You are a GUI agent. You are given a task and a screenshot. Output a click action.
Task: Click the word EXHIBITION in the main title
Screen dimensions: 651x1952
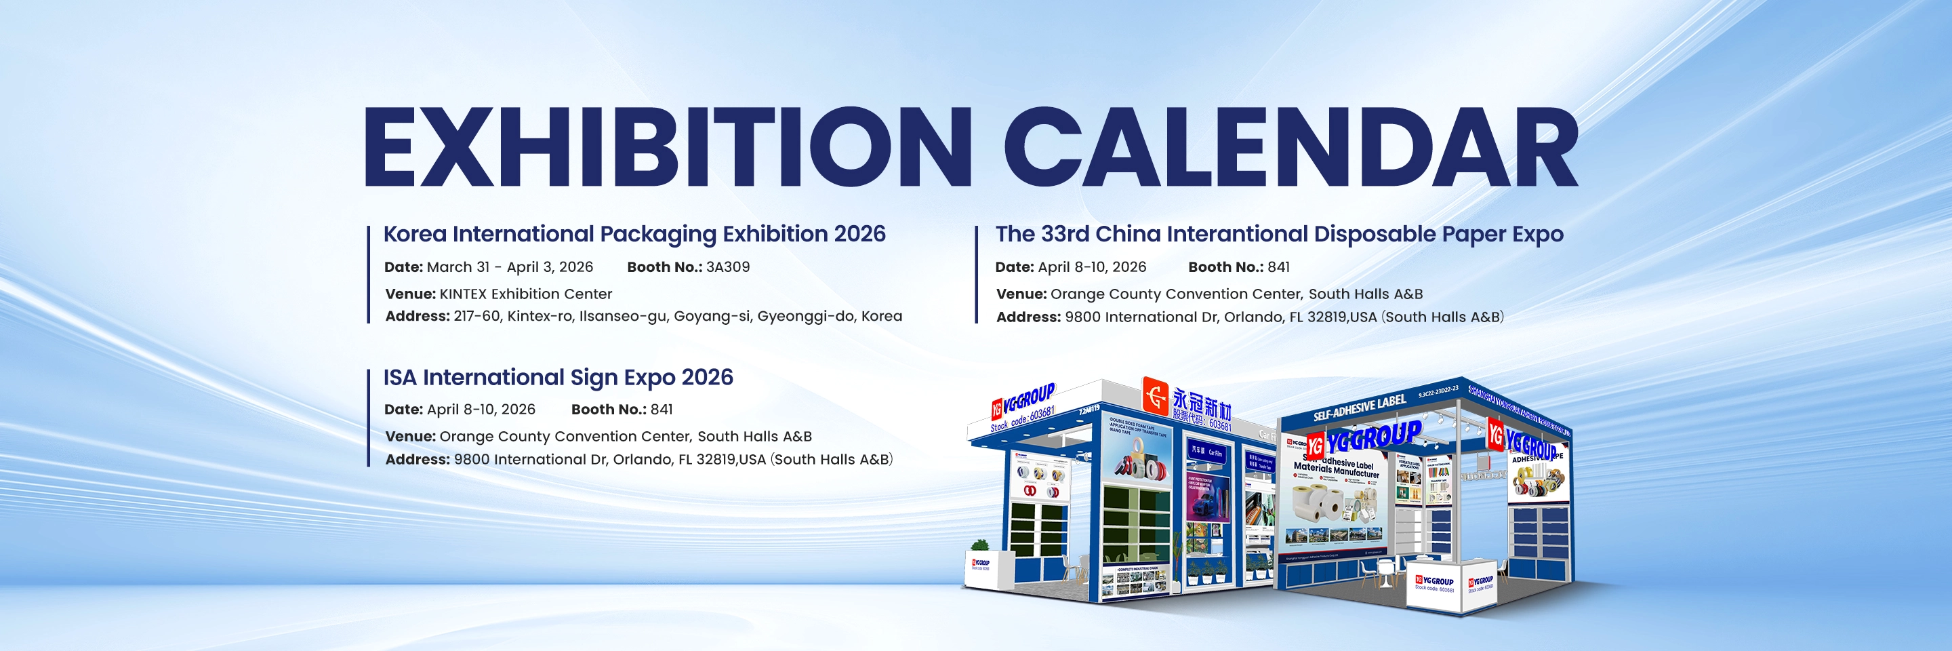tap(667, 148)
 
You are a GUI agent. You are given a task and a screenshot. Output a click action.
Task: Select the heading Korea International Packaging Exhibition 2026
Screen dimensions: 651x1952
tap(634, 234)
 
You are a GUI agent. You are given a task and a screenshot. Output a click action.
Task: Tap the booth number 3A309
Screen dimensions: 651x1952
tap(727, 267)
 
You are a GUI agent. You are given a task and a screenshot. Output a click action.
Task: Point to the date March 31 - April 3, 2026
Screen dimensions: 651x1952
tap(509, 267)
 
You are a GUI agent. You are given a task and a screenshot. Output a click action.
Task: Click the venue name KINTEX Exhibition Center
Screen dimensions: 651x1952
tap(525, 294)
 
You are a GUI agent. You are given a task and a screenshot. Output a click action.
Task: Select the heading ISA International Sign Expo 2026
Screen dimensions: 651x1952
tap(558, 378)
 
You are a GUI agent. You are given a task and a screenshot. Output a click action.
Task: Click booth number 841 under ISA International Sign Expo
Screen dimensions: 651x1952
tap(661, 409)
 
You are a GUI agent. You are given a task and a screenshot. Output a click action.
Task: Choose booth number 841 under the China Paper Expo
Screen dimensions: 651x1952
tap(1278, 267)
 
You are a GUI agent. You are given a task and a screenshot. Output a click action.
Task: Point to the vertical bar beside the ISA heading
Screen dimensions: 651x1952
tap(368, 418)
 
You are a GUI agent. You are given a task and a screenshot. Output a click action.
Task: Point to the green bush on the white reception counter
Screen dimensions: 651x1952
tap(980, 546)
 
